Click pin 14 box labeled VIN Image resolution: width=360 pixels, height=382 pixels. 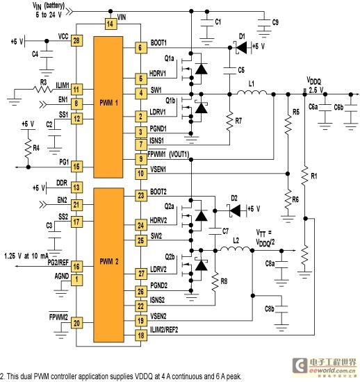(111, 24)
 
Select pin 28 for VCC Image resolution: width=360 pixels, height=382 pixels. (76, 40)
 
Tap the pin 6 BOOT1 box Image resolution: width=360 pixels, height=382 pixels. (141, 48)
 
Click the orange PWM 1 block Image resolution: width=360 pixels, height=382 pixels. (108, 107)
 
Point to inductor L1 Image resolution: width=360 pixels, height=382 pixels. (252, 92)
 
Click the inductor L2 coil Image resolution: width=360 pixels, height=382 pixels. (236, 249)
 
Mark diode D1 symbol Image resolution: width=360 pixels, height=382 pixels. (240, 47)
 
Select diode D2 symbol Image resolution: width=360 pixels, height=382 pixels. (234, 210)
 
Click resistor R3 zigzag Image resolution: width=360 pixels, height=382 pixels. (43, 90)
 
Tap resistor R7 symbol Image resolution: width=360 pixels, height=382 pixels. (229, 122)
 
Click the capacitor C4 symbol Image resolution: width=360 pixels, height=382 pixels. (47, 54)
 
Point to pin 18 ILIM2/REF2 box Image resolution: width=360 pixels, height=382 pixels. (141, 335)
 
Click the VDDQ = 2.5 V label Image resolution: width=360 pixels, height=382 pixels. (315, 85)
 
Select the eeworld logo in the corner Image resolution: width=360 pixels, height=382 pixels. (324, 365)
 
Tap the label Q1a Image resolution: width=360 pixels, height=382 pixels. (169, 58)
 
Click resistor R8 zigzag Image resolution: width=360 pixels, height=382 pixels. (215, 282)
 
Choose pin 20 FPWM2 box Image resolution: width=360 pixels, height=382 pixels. (76, 323)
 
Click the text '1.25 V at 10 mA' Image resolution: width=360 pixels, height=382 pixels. (26, 256)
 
